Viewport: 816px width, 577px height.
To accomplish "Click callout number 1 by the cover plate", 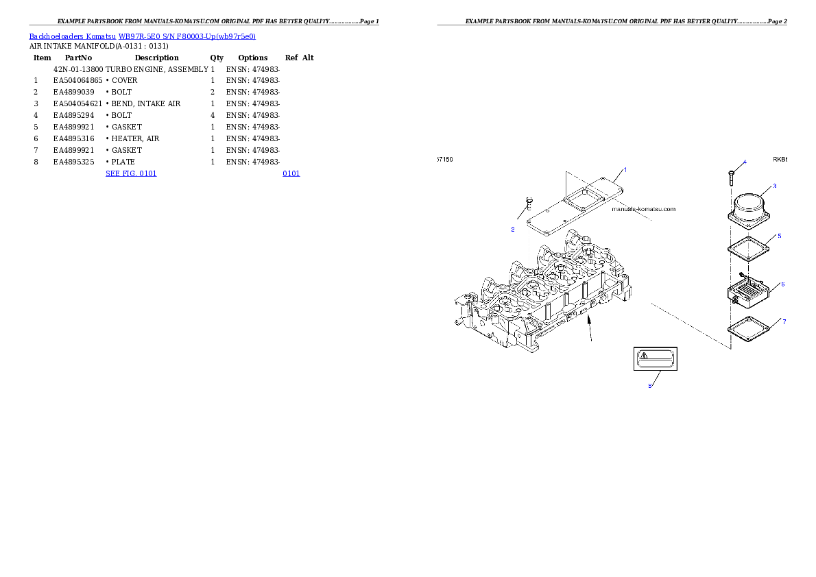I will click(x=625, y=169).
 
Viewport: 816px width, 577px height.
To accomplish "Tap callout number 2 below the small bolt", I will click(x=512, y=230).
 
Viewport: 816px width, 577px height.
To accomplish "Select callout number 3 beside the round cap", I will click(x=774, y=186).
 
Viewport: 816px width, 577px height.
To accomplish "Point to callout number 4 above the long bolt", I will click(x=745, y=162).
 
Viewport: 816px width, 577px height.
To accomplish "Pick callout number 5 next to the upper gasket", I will click(x=779, y=236).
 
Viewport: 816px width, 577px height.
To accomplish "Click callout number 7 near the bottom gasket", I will click(x=784, y=321).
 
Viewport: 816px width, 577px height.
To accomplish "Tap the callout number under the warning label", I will click(x=650, y=385).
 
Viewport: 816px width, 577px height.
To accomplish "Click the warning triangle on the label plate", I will click(x=643, y=356).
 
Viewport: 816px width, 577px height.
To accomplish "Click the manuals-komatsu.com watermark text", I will click(x=643, y=209).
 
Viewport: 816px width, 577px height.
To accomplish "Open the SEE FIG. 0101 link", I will click(x=131, y=173).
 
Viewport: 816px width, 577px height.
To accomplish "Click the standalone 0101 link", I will click(x=291, y=173).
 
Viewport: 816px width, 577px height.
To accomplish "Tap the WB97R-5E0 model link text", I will click(x=142, y=36).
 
